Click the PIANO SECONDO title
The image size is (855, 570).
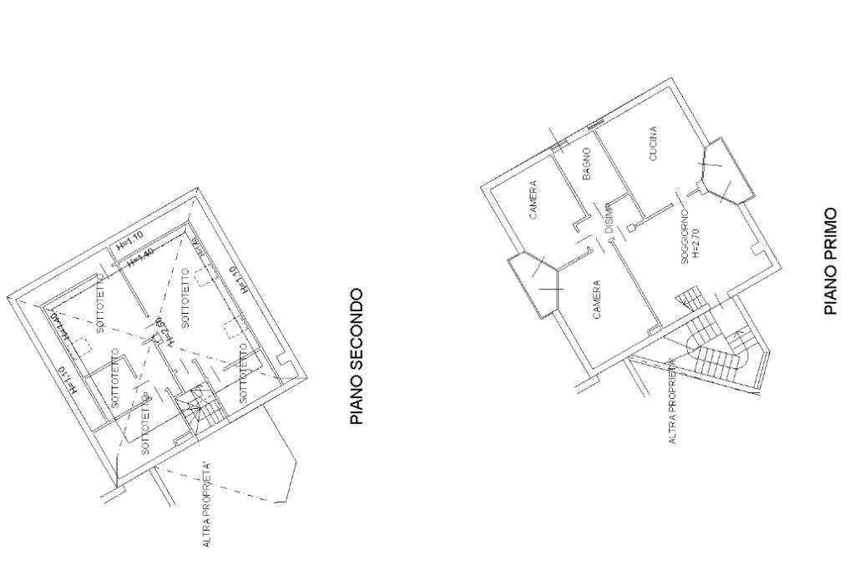point(357,356)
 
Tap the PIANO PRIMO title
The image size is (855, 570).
point(831,261)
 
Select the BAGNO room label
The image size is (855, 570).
point(587,164)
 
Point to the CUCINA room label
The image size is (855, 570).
point(653,144)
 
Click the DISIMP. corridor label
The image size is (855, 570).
point(610,219)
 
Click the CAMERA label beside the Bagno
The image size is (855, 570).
point(533,200)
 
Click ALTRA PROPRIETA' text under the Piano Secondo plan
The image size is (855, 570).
point(207,505)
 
